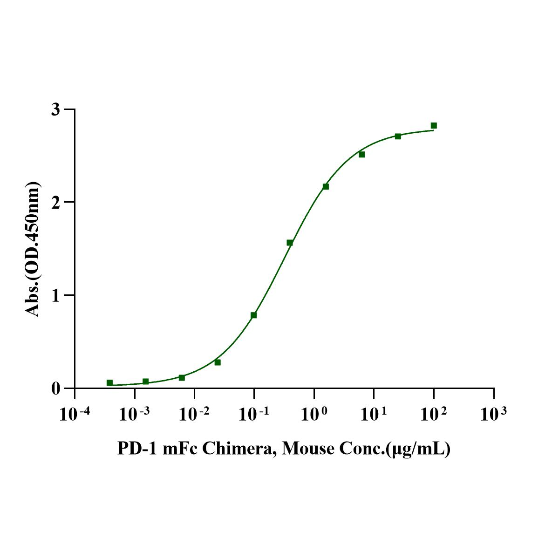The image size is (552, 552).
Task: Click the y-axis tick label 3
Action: (56, 109)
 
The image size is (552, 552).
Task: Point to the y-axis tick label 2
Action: (56, 202)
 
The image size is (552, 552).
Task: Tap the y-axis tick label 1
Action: (56, 295)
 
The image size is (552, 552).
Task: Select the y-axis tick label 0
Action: (56, 388)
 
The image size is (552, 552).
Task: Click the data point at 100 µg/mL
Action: (434, 125)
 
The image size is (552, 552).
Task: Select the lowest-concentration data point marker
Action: (109, 382)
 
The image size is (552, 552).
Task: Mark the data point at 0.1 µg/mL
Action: (253, 315)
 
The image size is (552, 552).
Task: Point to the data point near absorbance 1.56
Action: (290, 243)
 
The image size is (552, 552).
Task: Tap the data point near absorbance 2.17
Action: (326, 186)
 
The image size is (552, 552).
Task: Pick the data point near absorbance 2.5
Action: (361, 154)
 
